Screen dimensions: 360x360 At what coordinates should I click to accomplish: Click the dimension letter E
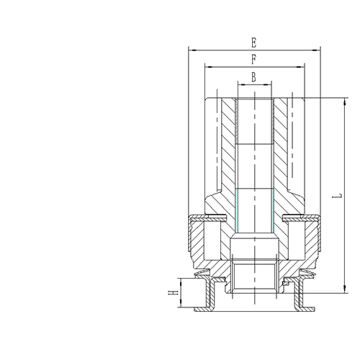point(254,43)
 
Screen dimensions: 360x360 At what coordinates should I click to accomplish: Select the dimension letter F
point(254,60)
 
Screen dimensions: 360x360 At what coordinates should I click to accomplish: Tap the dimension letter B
point(253,77)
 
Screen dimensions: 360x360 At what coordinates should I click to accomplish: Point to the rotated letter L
point(337,196)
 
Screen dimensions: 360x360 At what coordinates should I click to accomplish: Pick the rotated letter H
point(173,292)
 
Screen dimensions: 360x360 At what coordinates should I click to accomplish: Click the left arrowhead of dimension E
point(193,50)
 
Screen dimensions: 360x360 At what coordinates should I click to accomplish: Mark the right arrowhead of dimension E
point(316,50)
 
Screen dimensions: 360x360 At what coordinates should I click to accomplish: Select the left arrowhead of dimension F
point(209,67)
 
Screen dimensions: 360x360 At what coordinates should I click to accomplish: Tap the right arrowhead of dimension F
point(300,67)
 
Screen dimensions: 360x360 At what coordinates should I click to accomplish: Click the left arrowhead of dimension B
point(241,84)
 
